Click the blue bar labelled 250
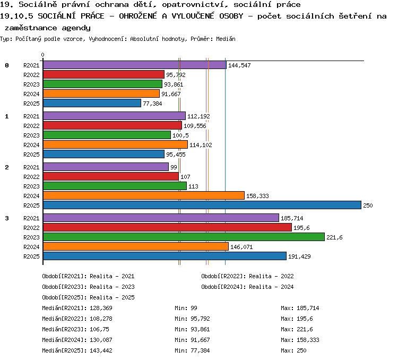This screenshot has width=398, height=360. tap(202, 205)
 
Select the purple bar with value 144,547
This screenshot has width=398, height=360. tap(135, 65)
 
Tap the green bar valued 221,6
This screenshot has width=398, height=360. tap(184, 237)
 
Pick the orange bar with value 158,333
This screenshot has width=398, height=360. tap(144, 195)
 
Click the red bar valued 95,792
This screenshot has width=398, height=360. tap(103, 75)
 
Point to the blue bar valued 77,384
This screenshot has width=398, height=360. tap(92, 104)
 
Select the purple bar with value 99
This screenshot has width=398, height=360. tap(106, 167)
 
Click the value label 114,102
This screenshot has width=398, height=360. tap(201, 145)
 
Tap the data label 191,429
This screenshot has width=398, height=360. tap(299, 256)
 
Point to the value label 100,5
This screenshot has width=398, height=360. tap(180, 135)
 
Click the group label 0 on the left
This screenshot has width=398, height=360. tap(7, 65)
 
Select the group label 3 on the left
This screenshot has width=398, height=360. tap(7, 218)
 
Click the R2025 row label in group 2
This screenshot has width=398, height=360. tap(31, 205)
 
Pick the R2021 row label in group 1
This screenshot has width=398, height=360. tap(31, 116)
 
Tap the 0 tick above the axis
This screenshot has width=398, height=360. tap(42, 55)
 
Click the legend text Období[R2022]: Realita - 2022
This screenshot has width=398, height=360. tap(247, 276)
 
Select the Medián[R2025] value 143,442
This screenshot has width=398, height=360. tap(101, 350)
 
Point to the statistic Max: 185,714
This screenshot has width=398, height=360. tap(300, 308)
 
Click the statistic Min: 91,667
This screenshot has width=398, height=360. tap(192, 340)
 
